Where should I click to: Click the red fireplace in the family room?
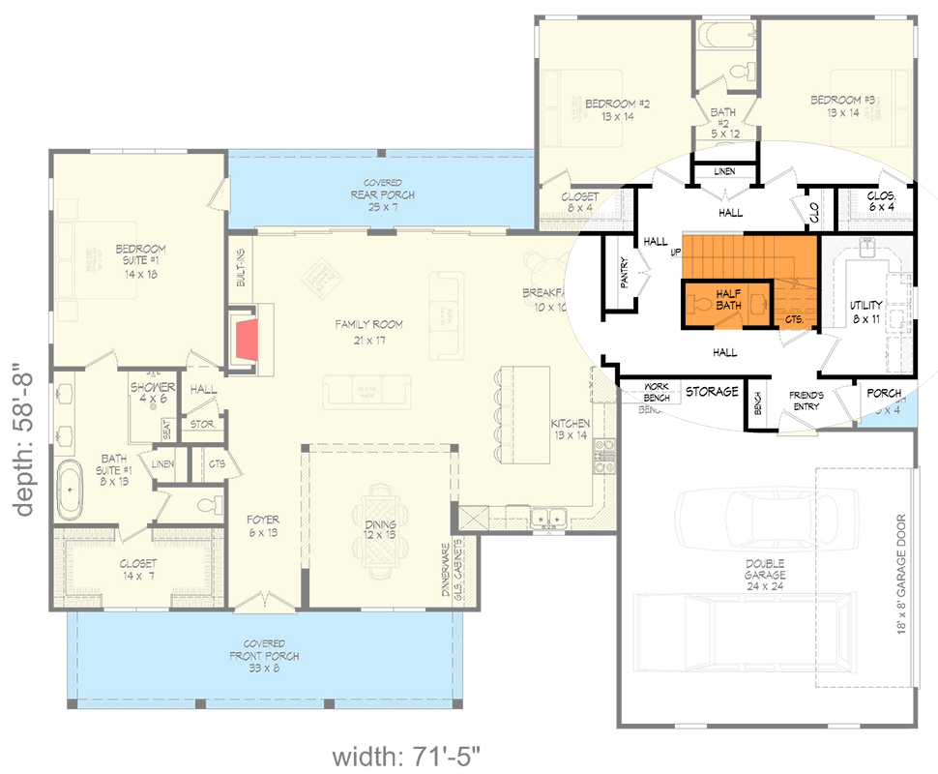click(247, 340)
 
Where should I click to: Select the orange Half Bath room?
click(727, 299)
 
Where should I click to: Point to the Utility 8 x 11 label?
click(865, 312)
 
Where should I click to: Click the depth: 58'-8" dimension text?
click(25, 441)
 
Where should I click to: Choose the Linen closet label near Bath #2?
click(724, 172)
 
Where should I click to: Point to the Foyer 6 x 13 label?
click(263, 524)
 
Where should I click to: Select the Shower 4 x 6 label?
click(153, 393)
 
